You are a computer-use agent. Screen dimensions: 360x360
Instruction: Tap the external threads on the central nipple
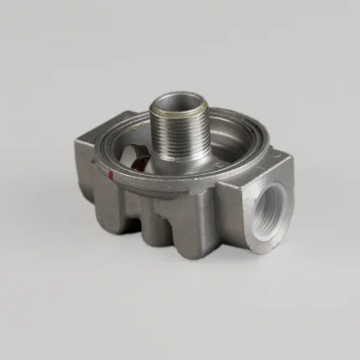click(x=179, y=134)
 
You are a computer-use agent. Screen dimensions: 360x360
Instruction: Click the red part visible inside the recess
click(x=143, y=157)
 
